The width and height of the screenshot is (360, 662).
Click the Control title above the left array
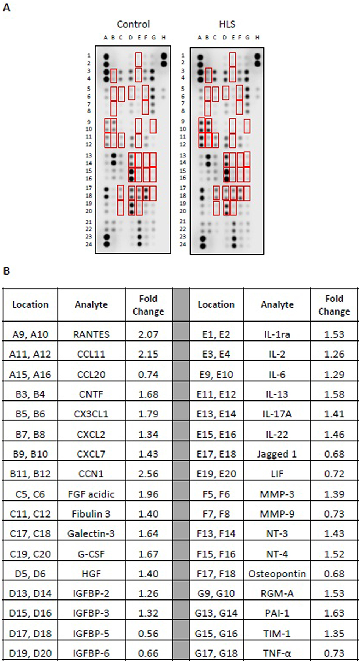coord(133,24)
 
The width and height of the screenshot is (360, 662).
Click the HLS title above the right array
coord(227,24)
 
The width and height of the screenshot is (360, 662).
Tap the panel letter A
coord(6,7)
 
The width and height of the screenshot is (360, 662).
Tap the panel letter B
coord(6,271)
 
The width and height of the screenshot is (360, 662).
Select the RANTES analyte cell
coord(91,334)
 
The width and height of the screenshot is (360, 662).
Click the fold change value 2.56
coord(148,474)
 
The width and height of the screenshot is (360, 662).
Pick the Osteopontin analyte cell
coord(277,574)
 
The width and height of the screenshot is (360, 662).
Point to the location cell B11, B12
coord(30,474)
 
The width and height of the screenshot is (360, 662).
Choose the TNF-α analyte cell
coord(277,653)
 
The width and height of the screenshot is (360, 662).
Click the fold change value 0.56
coord(148,634)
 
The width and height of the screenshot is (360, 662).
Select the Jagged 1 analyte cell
coord(277,454)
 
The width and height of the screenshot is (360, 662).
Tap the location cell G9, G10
coord(216,593)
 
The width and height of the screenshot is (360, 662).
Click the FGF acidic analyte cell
coord(91,494)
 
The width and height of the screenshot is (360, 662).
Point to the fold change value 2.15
coord(148,354)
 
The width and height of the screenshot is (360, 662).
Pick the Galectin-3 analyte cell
coord(91,534)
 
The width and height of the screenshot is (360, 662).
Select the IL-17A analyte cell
coord(277,414)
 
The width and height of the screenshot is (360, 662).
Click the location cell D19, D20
coord(30,653)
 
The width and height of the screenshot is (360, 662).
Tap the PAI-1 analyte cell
coord(277,613)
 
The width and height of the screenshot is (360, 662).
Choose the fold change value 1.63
coord(334,613)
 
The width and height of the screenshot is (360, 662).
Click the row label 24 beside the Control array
coord(89,244)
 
